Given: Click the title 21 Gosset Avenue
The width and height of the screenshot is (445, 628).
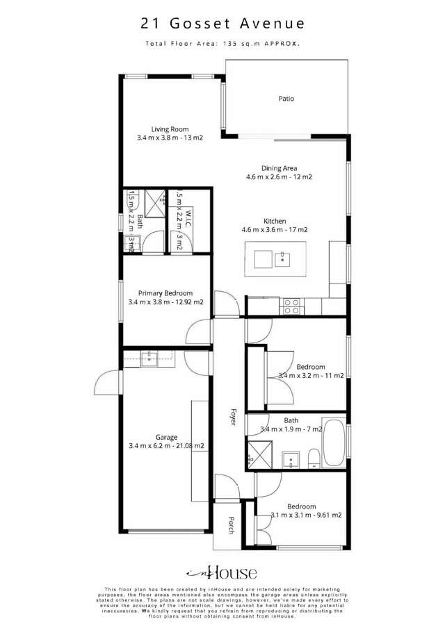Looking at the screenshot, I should (x=222, y=24).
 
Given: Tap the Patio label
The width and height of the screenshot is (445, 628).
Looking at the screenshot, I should (x=286, y=99).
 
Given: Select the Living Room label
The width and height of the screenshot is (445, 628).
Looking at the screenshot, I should (x=170, y=129).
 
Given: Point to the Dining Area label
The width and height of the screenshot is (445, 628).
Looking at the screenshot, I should (x=280, y=168).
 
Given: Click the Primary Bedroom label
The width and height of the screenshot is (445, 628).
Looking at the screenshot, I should (x=165, y=293).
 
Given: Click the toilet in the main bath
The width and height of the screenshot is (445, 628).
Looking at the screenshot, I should (x=313, y=456).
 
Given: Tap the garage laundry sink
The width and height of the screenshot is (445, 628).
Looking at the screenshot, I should (x=149, y=358).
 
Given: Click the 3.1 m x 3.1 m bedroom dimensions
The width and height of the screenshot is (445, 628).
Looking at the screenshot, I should (x=306, y=515).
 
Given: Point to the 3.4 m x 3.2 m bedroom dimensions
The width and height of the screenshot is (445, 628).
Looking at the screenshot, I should (x=311, y=376).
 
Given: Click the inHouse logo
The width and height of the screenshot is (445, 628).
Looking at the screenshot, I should (x=222, y=573).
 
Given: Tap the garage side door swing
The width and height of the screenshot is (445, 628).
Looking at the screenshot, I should (x=108, y=383).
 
